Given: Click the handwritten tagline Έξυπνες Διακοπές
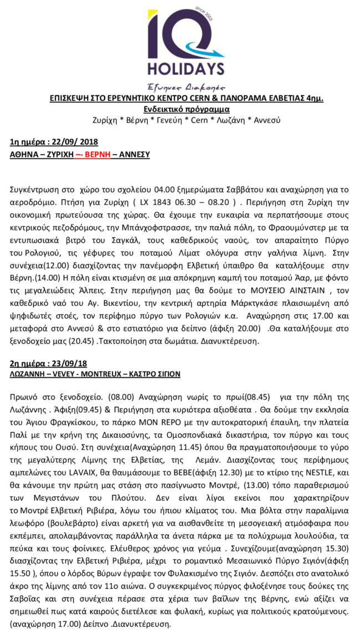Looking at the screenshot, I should pos(181,86).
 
